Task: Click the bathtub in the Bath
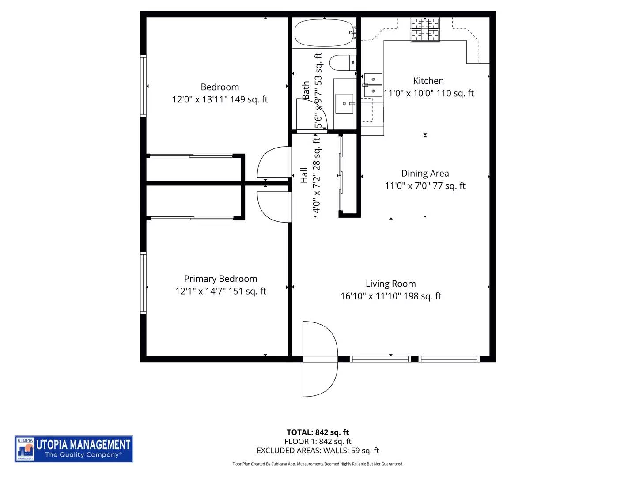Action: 324,33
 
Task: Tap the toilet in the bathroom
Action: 342,63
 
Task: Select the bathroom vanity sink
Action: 344,103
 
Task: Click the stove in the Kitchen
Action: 425,29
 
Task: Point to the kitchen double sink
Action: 373,85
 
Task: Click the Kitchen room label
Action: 428,81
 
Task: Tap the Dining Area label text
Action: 425,173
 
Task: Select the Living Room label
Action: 390,284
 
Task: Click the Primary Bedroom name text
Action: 220,279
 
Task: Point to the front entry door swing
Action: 321,359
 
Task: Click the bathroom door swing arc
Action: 312,115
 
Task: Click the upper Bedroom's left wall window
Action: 143,86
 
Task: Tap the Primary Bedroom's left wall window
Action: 143,283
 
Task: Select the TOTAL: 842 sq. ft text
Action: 318,432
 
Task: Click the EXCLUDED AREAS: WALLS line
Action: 318,450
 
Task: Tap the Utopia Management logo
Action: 74,449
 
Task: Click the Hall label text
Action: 304,175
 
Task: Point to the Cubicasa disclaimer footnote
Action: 318,464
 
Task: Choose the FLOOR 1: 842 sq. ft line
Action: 318,441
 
